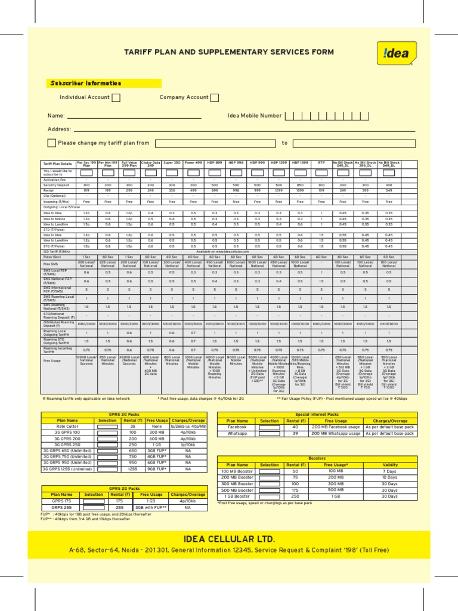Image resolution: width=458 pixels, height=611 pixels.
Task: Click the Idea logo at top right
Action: click(397, 53)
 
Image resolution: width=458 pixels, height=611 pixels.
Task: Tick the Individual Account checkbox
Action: click(116, 98)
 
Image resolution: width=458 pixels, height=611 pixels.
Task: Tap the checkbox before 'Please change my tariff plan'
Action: click(52, 143)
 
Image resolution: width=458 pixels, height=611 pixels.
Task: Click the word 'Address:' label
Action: click(60, 129)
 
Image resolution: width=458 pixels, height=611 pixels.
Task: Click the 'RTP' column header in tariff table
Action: click(321, 162)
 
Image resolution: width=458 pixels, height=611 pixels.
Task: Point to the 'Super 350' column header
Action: click(172, 162)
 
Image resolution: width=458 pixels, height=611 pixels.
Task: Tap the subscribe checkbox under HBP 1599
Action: click(300, 172)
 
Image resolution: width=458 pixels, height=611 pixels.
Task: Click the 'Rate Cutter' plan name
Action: click(67, 427)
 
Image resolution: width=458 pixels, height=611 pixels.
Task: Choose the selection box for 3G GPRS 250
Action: click(107, 445)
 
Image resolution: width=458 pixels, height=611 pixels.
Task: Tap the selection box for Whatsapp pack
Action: click(269, 434)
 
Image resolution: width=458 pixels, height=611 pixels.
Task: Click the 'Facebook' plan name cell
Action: click(237, 427)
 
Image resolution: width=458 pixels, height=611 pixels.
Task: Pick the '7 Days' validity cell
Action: click(389, 471)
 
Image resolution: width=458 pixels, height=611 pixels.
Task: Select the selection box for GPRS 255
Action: click(94, 507)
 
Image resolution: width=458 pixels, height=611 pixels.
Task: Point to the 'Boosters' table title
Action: click(317, 458)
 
